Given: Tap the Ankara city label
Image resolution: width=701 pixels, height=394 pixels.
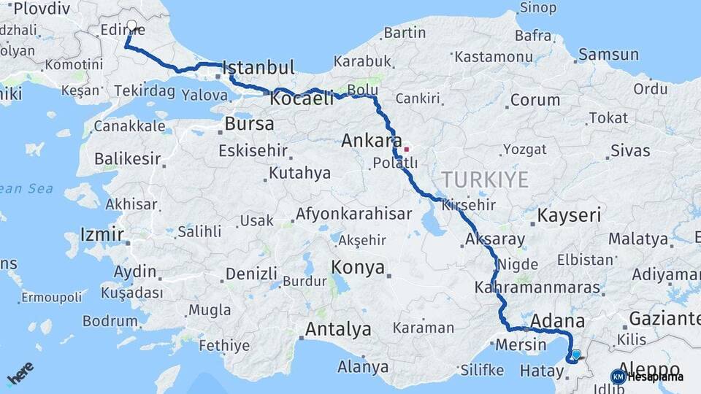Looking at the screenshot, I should point(372,141).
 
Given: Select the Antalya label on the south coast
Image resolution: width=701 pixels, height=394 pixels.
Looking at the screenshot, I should point(337,329).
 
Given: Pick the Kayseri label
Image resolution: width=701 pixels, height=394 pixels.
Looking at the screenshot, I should point(569,215).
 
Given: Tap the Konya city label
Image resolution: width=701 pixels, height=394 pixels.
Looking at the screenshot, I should point(358,268).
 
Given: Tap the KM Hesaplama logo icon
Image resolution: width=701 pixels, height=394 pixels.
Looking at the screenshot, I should point(618,376).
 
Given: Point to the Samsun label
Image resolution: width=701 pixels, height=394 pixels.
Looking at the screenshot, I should point(608,55).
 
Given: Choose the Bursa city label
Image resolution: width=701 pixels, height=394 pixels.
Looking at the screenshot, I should point(249,123).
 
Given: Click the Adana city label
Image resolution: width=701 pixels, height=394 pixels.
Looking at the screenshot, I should point(558,322).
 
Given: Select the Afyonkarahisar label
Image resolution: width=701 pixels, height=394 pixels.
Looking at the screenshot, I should point(353,215).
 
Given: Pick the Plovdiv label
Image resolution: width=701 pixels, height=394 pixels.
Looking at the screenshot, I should point(40,8).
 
